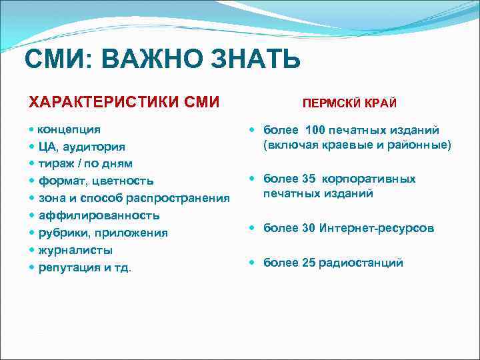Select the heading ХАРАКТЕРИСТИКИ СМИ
123,102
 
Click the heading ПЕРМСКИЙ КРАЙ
349,104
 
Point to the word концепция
69,129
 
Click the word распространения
180,198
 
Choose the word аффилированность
99,215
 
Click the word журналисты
75,250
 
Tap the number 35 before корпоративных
309,179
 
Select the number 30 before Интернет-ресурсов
309,228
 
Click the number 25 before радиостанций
309,263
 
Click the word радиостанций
361,263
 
